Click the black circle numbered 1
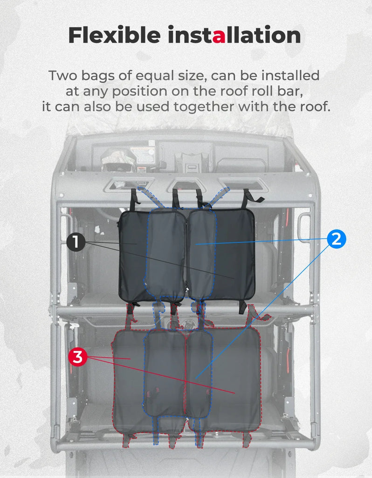click(x=76, y=242)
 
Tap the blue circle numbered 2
click(x=337, y=239)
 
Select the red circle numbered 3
click(x=78, y=357)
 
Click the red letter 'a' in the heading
click(x=219, y=35)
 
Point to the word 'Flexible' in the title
click(x=114, y=35)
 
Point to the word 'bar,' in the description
click(x=292, y=91)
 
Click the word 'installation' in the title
click(x=234, y=35)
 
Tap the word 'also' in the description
click(x=98, y=107)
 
